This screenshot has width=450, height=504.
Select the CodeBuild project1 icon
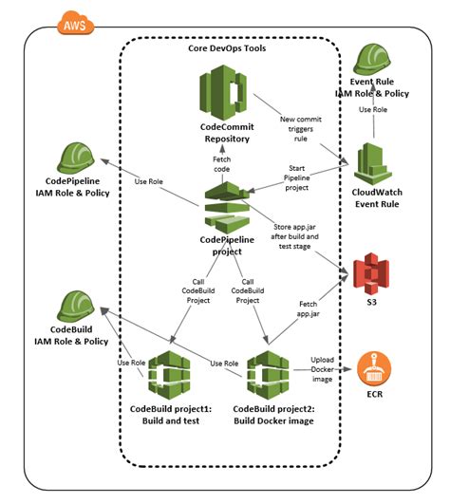[x=171, y=377]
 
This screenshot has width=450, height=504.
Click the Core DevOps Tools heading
[x=229, y=47]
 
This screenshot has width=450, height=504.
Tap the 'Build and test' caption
[x=171, y=420]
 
